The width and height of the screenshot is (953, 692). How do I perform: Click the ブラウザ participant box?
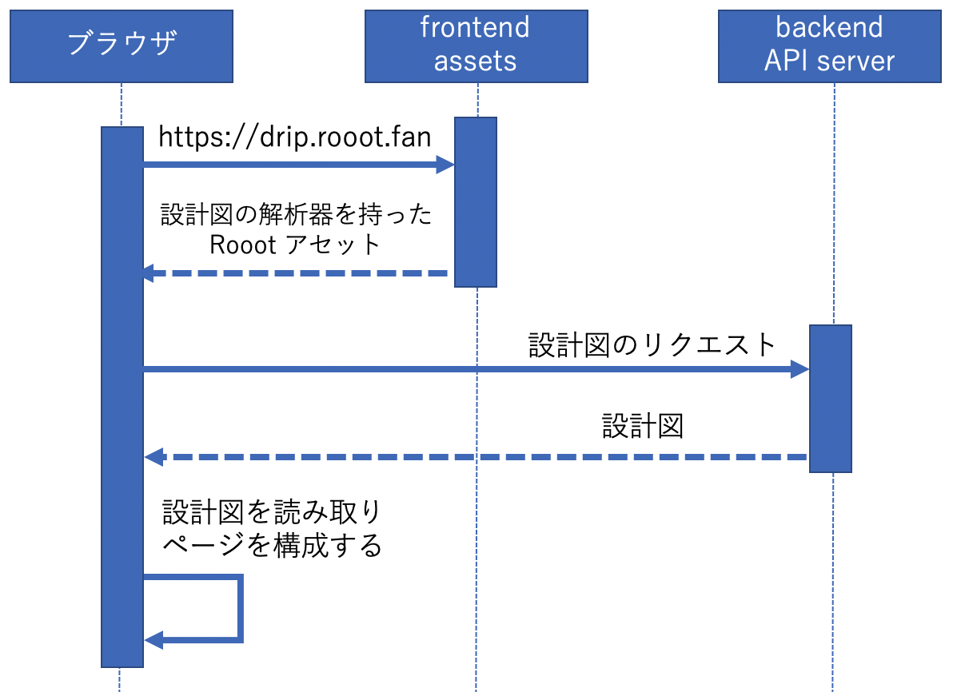click(x=122, y=46)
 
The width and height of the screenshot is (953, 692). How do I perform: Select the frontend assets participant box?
click(x=476, y=46)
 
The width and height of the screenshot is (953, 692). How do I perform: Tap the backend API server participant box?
click(x=829, y=46)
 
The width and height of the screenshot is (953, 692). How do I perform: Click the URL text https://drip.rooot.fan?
click(x=295, y=137)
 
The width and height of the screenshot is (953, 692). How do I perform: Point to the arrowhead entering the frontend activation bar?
click(x=445, y=165)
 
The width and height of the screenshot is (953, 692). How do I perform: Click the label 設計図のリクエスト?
click(x=652, y=344)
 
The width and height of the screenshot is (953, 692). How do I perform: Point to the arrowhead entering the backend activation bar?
click(x=799, y=369)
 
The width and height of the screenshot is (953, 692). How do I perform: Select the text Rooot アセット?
click(x=295, y=245)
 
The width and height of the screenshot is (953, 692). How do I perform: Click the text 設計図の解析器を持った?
click(x=296, y=215)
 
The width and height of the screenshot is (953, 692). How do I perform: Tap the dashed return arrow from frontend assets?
click(x=296, y=273)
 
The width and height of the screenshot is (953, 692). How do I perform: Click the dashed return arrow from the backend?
click(x=480, y=457)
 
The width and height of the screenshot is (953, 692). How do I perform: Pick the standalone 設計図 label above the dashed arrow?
click(x=643, y=427)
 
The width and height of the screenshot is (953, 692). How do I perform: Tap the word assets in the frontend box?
click(x=476, y=62)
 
